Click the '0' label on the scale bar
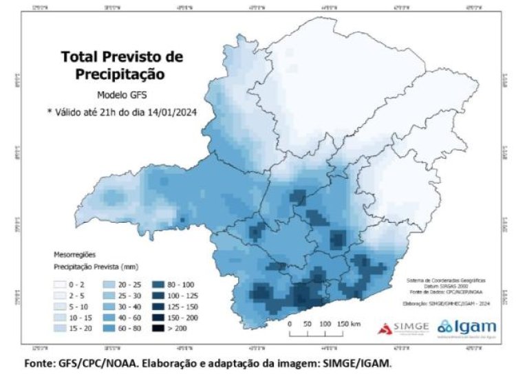point(290,323)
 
